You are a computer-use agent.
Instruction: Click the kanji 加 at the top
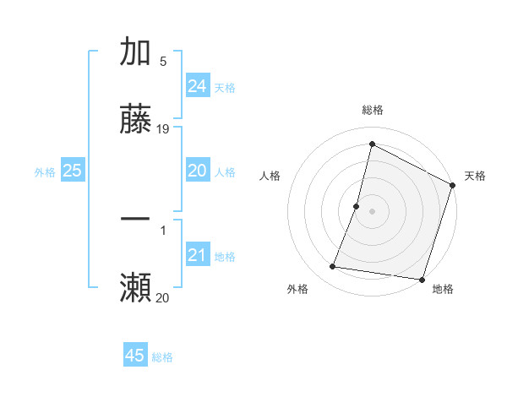135,52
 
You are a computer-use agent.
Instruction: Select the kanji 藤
135,120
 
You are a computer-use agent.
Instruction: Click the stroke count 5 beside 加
163,61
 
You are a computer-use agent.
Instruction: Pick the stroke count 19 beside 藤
163,129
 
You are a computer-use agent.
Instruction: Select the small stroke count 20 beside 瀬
163,297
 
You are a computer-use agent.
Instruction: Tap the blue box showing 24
198,86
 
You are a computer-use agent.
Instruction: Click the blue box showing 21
198,255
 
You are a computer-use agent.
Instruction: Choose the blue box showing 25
72,171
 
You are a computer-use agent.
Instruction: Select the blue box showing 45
135,356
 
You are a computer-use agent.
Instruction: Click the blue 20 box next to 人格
198,171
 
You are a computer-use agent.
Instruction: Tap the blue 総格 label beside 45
162,357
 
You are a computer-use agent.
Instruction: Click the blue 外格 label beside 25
45,171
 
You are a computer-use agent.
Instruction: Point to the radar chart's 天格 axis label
475,176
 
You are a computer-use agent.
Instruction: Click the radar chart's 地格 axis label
443,289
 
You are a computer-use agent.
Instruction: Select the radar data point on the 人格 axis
357,205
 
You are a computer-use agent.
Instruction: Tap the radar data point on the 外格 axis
333,267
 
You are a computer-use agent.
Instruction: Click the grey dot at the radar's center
372,210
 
